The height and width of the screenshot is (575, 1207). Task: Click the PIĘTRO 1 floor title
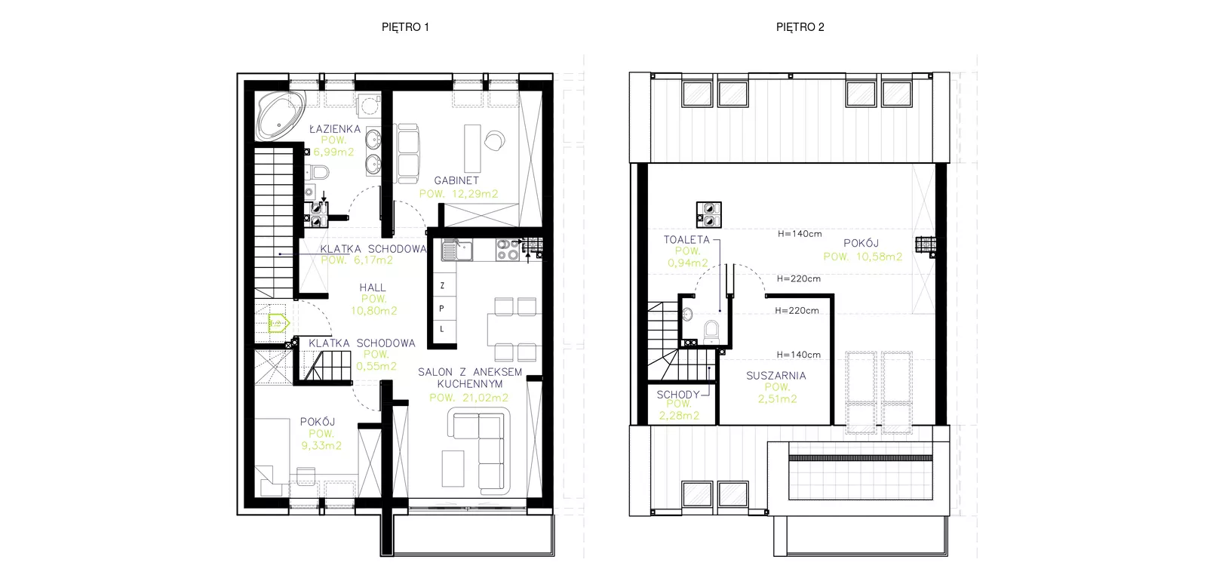[405, 27]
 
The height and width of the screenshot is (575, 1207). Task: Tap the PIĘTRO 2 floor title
[800, 27]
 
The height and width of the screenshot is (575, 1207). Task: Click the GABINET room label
[456, 180]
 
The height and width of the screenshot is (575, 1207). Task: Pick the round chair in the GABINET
[495, 140]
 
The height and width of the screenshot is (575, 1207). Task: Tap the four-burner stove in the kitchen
[508, 251]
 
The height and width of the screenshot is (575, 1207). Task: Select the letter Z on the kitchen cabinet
[442, 286]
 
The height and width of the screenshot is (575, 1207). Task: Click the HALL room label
[373, 287]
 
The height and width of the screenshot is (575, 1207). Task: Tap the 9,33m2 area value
[321, 446]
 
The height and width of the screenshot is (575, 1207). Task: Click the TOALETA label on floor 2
[686, 239]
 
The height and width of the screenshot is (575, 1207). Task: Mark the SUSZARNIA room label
[776, 376]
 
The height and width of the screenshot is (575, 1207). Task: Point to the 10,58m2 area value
[879, 257]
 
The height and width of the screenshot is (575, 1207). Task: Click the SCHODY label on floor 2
[678, 395]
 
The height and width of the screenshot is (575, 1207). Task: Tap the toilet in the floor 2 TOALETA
[711, 332]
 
